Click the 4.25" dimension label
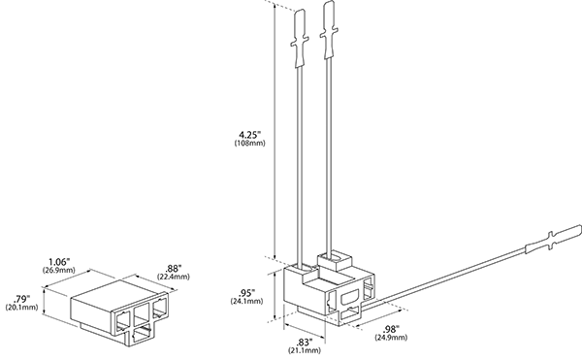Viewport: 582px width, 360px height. pos(250,134)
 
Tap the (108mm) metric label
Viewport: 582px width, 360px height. pos(250,144)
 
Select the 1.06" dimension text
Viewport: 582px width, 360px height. pos(59,262)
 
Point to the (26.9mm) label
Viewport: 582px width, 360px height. pos(59,270)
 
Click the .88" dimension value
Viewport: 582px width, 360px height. pos(173,269)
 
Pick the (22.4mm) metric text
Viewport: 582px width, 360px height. pos(173,277)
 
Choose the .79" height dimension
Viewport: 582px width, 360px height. pos(21,299)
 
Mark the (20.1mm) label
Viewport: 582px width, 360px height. pos(21,308)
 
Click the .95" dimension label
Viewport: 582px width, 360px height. pos(246,292)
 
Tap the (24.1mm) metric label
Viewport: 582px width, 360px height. pos(246,301)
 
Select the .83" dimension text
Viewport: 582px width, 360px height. pos(305,342)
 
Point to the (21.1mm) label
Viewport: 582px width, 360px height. pos(305,350)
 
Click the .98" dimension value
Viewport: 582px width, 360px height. pos(391,329)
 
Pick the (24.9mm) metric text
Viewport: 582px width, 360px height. pos(391,338)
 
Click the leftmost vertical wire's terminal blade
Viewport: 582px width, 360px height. pos(300,39)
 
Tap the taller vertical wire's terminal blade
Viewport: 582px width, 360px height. pos(329,30)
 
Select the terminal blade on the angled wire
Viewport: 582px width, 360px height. pos(554,240)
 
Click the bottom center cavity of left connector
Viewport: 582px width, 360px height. pos(141,337)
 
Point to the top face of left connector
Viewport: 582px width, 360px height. pos(119,290)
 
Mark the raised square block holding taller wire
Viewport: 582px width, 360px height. pos(334,262)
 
